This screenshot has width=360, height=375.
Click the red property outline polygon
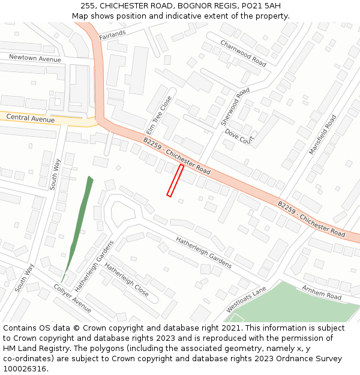pos(175,181)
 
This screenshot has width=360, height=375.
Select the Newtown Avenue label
pos(35,58)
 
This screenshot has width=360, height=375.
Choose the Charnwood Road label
pos(243,53)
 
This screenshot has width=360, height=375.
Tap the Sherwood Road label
pos(235,107)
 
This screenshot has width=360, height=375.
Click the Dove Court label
pos(243,136)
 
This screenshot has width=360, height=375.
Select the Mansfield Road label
pos(323,135)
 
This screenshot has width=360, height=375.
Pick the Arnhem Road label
pos(322,293)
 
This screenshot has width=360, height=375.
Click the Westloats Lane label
pos(246,299)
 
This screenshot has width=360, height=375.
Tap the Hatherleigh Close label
pos(127,280)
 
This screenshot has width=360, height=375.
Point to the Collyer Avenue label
pos(73,298)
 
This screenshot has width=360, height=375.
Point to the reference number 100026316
pos(25,368)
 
